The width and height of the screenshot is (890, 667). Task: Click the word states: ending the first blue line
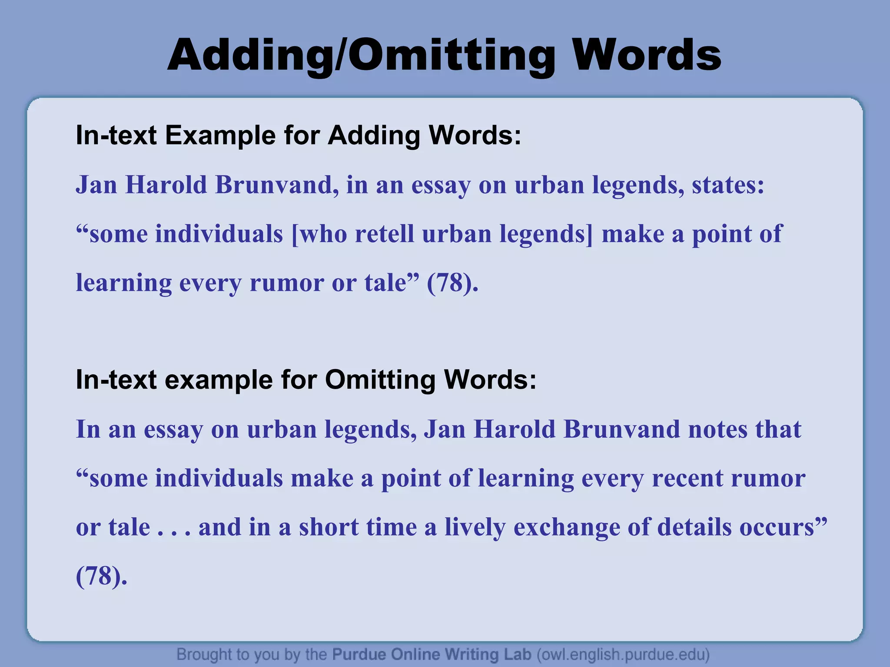(x=728, y=185)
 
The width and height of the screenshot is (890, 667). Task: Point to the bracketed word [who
(x=319, y=234)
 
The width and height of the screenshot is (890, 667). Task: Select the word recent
(x=687, y=479)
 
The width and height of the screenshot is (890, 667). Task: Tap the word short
(x=329, y=527)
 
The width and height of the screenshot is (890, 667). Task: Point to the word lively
(x=475, y=527)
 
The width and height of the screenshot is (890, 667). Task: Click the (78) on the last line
(x=101, y=576)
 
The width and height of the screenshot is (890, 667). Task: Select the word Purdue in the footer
(x=359, y=654)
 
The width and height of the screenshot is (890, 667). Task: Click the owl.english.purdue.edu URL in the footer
(x=623, y=654)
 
